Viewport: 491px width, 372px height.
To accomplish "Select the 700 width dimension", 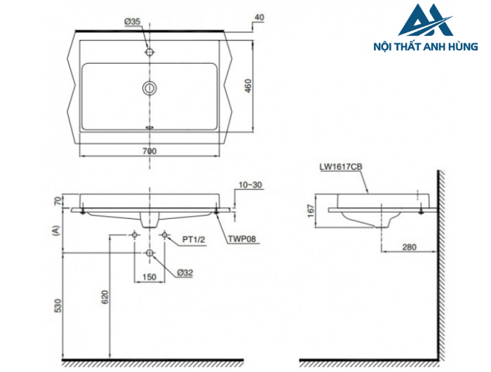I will point(149,151).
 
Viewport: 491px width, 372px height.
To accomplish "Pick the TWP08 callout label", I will point(241,239).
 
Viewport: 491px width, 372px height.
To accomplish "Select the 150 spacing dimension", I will point(149,277).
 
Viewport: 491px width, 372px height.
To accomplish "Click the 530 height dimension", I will point(58,306).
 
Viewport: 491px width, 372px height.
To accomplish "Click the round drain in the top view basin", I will point(149,88).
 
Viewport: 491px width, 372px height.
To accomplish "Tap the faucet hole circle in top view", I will point(149,52).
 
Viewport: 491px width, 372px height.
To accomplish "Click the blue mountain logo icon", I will point(424,20).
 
